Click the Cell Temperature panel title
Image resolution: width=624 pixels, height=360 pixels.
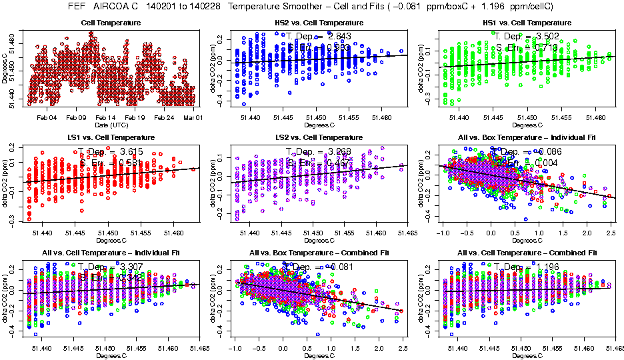pyautogui.click(x=111, y=23)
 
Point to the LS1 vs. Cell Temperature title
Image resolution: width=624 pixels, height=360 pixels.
pyautogui.click(x=111, y=137)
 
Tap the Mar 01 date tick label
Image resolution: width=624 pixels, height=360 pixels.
pyautogui.click(x=193, y=117)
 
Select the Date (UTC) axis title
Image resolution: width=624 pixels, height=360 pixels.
pyautogui.click(x=111, y=125)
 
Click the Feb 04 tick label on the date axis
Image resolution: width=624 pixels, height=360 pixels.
pyautogui.click(x=47, y=117)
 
